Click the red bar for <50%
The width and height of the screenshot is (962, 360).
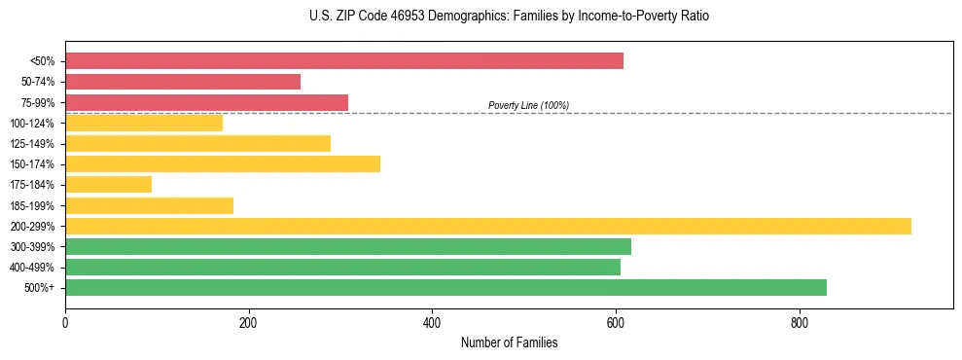click(x=344, y=61)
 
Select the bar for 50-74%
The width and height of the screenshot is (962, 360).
click(x=183, y=82)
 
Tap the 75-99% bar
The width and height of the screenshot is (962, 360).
click(x=206, y=102)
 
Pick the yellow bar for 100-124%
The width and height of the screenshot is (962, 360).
click(x=144, y=123)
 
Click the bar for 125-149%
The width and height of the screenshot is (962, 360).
click(x=197, y=144)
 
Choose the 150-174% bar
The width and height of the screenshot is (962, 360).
click(x=223, y=164)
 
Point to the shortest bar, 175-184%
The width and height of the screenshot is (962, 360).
click(x=108, y=185)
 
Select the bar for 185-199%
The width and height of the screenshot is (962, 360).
click(x=149, y=205)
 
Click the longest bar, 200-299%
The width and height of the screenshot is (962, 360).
click(x=488, y=226)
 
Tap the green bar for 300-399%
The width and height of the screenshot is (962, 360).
click(x=348, y=246)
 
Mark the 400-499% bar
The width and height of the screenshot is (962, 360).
click(x=342, y=267)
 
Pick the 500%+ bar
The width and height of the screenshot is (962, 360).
click(x=445, y=288)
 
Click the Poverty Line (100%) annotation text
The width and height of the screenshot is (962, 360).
click(x=528, y=105)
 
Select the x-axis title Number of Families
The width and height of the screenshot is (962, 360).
click(x=509, y=343)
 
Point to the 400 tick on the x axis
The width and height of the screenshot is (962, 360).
click(x=432, y=322)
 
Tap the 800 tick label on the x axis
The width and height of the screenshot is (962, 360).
click(x=799, y=322)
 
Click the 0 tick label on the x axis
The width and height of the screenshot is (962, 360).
click(x=65, y=322)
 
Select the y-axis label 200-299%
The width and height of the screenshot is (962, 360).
click(x=32, y=227)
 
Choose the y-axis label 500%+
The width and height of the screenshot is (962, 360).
click(x=39, y=288)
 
